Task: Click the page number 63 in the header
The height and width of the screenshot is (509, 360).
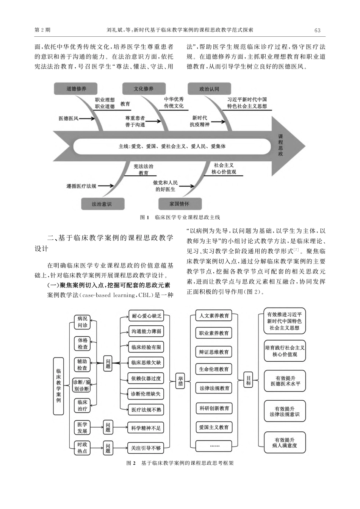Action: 317,30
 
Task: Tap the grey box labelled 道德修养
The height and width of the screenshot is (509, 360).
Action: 76,89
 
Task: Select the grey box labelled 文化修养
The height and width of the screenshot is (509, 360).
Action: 143,89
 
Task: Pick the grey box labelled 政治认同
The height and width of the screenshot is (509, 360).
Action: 209,89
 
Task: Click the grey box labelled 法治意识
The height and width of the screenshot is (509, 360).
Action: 102,204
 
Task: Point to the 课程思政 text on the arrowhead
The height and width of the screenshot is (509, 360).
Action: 280,145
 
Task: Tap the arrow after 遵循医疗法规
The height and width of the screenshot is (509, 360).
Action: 105,186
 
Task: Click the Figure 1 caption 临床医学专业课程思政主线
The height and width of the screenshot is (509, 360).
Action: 180,217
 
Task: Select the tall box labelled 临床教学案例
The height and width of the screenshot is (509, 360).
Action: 58,386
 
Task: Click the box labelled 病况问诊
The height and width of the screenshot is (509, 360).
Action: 82,322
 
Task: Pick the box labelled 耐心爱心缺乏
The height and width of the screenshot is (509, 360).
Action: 146,315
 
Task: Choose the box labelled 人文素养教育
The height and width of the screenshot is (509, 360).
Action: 214,315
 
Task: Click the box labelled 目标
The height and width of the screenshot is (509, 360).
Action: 249,380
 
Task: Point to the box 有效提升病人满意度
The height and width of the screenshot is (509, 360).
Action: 284,443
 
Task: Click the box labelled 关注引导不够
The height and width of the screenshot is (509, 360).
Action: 146,448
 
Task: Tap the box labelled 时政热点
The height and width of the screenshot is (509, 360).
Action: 82,448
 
